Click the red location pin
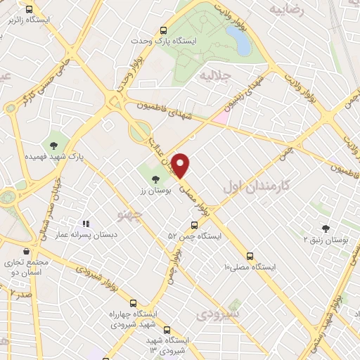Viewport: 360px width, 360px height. (181, 165)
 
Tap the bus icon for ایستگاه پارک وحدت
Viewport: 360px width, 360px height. (163, 30)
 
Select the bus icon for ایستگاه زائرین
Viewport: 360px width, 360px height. (28, 10)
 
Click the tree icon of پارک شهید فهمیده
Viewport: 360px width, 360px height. (53, 146)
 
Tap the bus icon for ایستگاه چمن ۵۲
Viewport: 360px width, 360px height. (195, 225)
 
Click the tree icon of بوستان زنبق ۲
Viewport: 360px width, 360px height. (325, 228)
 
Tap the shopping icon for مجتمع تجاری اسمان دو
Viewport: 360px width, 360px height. (26, 251)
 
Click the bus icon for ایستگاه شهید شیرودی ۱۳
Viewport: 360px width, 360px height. (167, 329)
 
